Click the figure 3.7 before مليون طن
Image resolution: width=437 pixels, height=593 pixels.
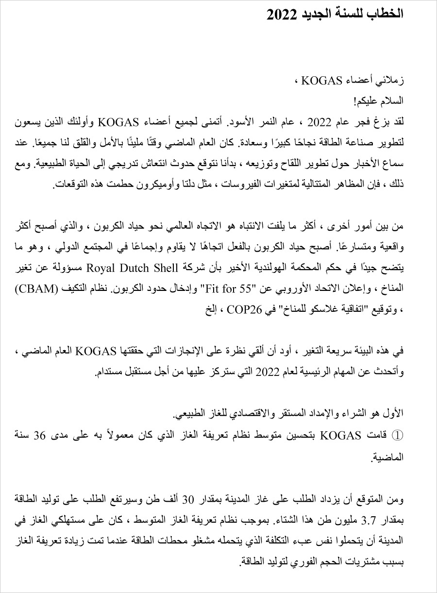click(372, 521)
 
